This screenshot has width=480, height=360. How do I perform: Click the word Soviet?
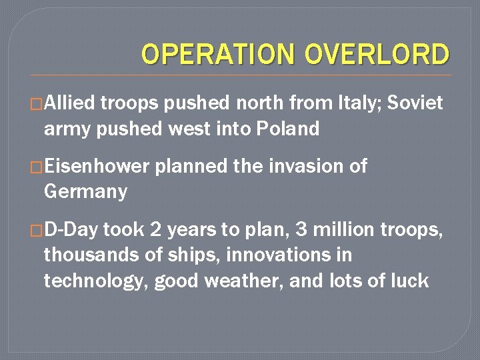click(x=415, y=103)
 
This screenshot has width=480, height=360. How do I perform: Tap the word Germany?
click(x=85, y=192)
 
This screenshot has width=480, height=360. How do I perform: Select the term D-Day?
click(x=71, y=231)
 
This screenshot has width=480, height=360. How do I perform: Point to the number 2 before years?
click(x=155, y=231)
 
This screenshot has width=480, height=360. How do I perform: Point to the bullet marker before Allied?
click(x=37, y=104)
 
